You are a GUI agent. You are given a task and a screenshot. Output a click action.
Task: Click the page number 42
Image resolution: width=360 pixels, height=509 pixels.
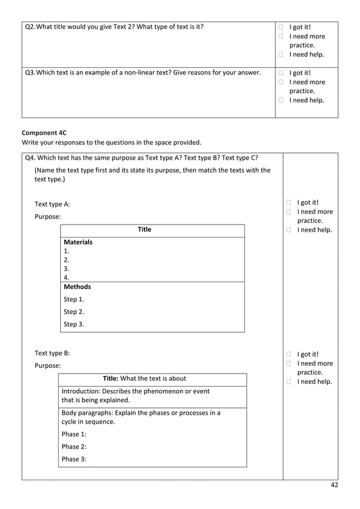[x=333, y=485]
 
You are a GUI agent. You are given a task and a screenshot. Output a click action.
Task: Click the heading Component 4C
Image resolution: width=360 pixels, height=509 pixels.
[x=44, y=133]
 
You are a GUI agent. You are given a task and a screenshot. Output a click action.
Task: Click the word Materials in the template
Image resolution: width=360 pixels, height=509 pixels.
[x=78, y=242]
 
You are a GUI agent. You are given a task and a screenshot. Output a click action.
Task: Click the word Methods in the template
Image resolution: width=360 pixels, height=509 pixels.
[x=77, y=287]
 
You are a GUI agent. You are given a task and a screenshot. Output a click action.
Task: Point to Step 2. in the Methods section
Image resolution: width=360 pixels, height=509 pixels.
[x=74, y=311]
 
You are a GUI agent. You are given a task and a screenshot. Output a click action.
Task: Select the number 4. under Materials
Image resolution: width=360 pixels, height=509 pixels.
[x=67, y=278]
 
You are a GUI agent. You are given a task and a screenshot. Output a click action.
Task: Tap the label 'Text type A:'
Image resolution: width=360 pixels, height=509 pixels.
[x=52, y=204]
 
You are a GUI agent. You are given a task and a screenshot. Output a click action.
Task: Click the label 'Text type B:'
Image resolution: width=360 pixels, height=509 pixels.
[x=52, y=353]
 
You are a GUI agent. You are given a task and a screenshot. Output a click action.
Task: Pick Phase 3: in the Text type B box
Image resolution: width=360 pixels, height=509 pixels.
[x=74, y=459]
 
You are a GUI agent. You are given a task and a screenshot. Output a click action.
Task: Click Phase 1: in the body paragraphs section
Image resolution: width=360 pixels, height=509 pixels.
[x=74, y=434]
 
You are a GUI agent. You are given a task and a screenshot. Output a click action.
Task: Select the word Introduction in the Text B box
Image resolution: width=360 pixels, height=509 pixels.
[x=81, y=391]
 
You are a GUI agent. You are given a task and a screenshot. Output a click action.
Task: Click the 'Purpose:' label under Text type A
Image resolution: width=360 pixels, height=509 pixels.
[x=48, y=217]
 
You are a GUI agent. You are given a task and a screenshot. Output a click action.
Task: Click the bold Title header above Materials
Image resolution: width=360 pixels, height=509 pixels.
[x=144, y=230]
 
